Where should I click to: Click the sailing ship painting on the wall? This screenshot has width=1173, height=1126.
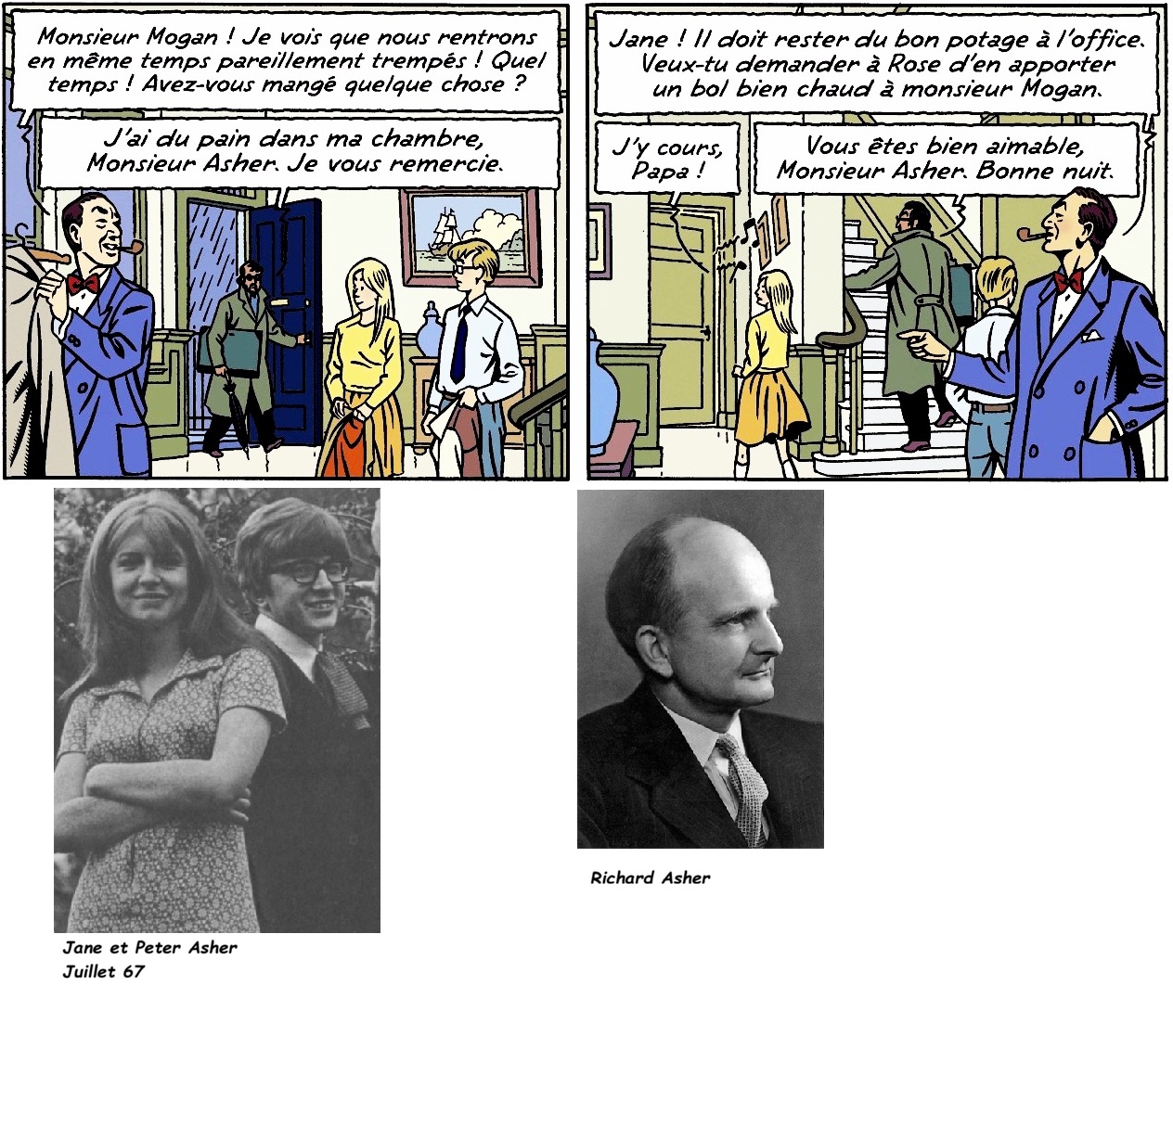pos(470,237)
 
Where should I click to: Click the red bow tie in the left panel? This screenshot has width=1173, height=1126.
pos(83,283)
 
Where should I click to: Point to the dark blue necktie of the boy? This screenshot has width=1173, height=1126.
pos(459,344)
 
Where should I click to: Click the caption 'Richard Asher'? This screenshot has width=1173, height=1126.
pos(650,877)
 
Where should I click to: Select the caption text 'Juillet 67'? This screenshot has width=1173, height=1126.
pos(104,972)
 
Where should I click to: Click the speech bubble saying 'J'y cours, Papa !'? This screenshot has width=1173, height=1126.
pos(666,159)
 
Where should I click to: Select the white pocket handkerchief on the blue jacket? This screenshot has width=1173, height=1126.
pos(1091,335)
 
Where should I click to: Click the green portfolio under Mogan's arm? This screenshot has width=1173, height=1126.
pos(238,352)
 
